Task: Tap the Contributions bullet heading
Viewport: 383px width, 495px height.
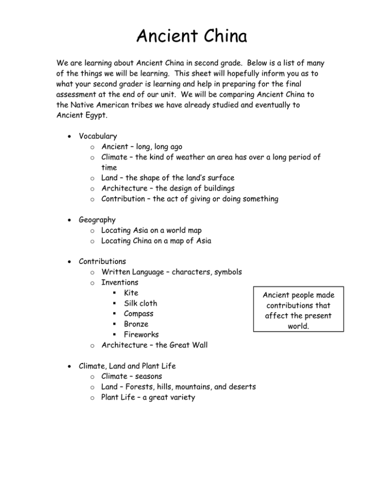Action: coord(102,261)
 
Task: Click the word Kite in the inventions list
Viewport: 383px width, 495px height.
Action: coord(131,292)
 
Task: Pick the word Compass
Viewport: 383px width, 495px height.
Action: coord(139,314)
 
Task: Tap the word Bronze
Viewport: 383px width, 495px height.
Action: coord(136,324)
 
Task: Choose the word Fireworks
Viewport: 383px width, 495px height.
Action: coord(141,335)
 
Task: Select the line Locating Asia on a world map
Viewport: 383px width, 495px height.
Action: coord(158,230)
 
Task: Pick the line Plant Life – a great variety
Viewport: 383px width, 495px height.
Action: coord(148,397)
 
